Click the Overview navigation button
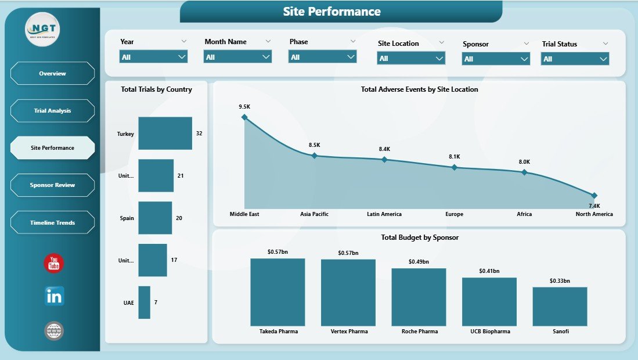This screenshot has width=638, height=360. click(52, 74)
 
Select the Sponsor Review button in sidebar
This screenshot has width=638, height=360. click(52, 185)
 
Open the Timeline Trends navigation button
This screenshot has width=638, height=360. click(52, 223)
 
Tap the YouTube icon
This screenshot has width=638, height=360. click(55, 264)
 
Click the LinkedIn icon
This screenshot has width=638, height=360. click(55, 296)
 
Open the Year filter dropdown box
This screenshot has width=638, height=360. click(153, 57)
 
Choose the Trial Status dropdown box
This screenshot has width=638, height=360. click(575, 59)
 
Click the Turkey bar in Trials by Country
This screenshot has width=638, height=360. click(165, 134)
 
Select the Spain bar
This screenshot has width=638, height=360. click(155, 218)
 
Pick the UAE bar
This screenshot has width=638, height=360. click(144, 303)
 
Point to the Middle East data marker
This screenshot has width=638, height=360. click(244, 117)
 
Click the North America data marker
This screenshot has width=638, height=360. click(594, 195)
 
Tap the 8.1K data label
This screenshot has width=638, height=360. click(454, 157)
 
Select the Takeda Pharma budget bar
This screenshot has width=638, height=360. click(277, 292)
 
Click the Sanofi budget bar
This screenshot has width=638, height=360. click(560, 306)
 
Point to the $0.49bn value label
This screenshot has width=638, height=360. click(419, 262)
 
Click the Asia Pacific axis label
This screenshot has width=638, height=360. click(314, 214)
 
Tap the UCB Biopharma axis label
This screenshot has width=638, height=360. click(489, 332)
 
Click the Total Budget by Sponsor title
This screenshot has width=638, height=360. click(420, 237)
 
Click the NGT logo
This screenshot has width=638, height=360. click(42, 30)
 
